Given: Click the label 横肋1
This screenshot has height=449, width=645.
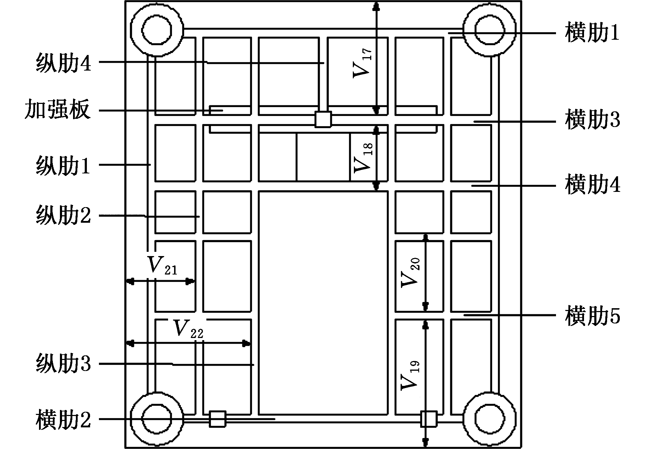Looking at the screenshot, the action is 592,33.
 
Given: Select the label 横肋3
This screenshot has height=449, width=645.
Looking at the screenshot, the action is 593,121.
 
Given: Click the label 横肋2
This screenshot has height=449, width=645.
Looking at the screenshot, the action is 63,420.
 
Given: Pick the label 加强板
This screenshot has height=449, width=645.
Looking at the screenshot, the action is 57,110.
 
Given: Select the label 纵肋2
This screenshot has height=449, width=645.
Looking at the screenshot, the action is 63,216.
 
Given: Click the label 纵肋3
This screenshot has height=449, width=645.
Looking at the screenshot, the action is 63,364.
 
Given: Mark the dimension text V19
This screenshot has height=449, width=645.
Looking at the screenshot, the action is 410,375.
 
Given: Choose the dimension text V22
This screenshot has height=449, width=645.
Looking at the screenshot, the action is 188,329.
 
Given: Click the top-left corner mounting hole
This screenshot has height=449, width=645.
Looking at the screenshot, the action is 157,30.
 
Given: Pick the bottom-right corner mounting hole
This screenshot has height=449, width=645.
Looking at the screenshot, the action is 490,419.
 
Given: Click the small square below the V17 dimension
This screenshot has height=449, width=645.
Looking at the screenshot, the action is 323,120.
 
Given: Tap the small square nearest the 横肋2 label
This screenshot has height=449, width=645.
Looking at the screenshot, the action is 217,419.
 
